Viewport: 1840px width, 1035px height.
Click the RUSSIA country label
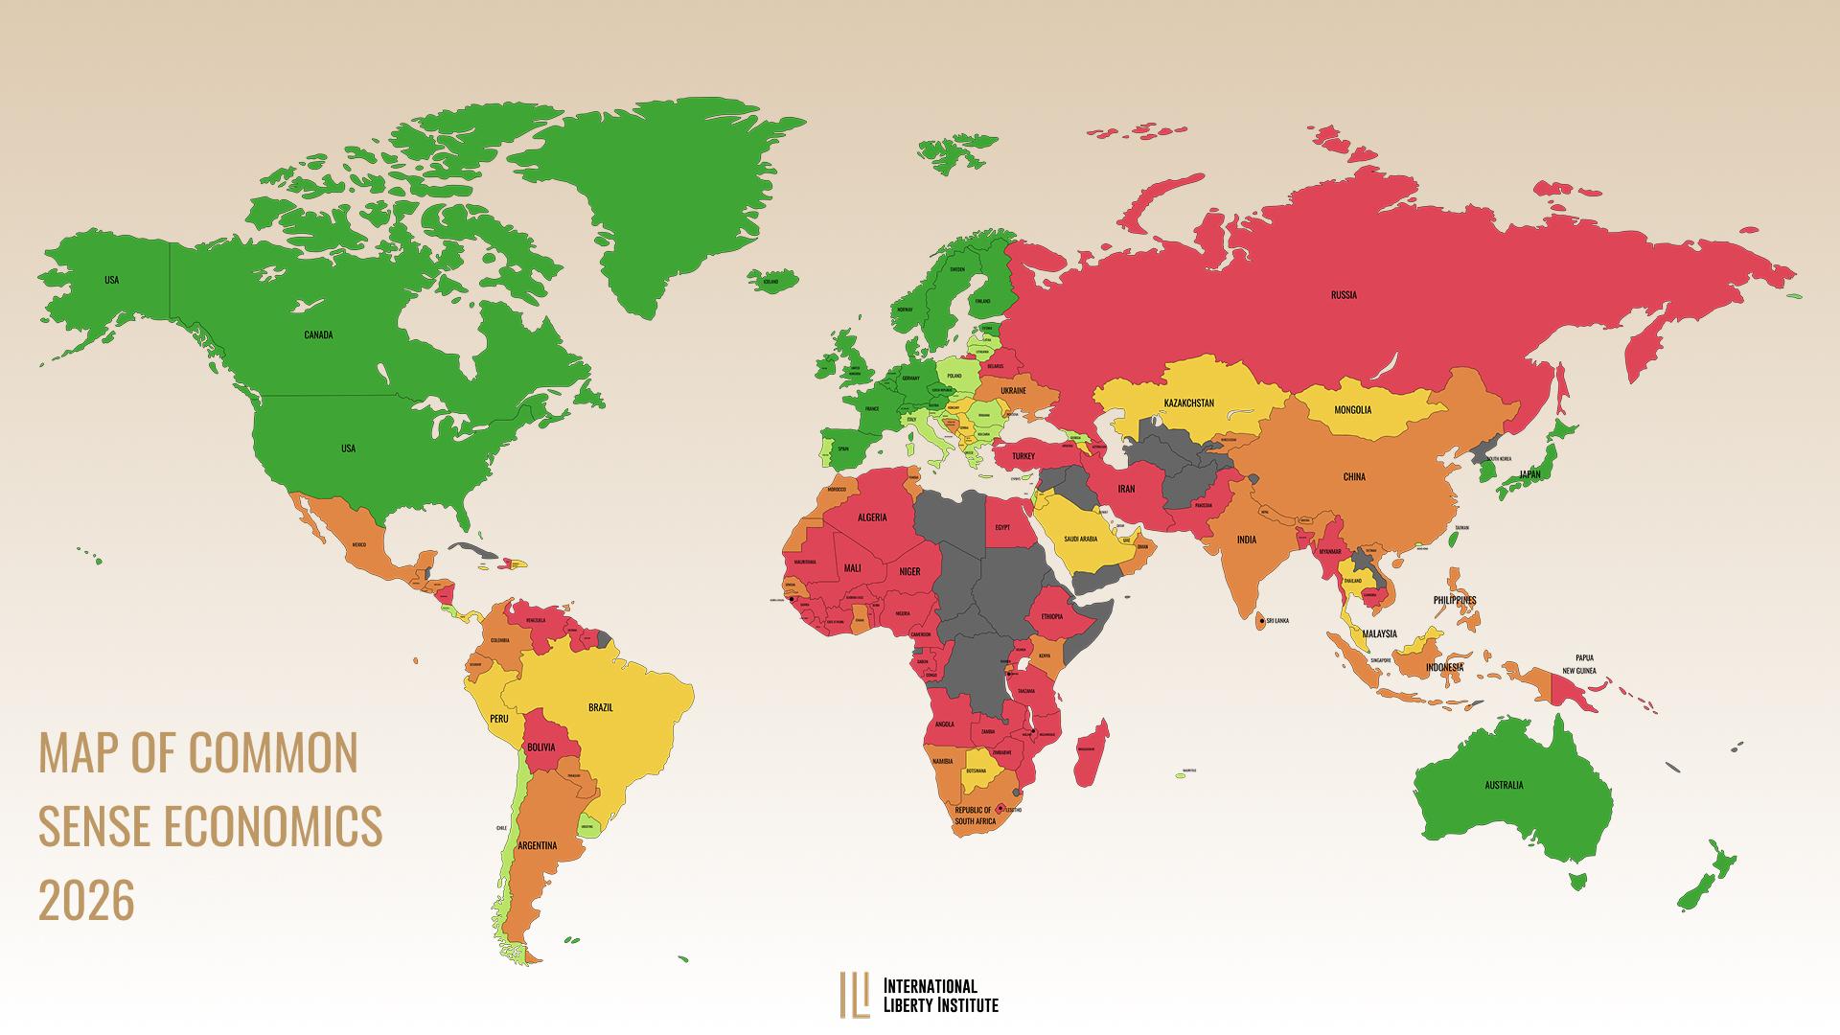tap(1344, 295)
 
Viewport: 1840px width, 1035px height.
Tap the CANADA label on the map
tap(318, 335)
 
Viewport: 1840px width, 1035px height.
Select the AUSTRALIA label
tap(1504, 786)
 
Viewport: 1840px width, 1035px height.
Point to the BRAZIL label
tap(600, 708)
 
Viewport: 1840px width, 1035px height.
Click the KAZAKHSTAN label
tap(1188, 402)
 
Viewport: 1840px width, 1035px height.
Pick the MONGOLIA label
tap(1352, 410)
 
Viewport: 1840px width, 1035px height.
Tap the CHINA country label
tap(1354, 477)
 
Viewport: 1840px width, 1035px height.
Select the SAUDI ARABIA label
tap(1080, 540)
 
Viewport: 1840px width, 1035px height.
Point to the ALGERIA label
tap(871, 517)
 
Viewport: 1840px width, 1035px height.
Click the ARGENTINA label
tap(537, 846)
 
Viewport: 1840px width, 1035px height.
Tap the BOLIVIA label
tap(541, 747)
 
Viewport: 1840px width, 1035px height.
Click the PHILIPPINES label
tap(1455, 601)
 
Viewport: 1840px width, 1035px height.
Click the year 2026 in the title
tap(86, 901)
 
